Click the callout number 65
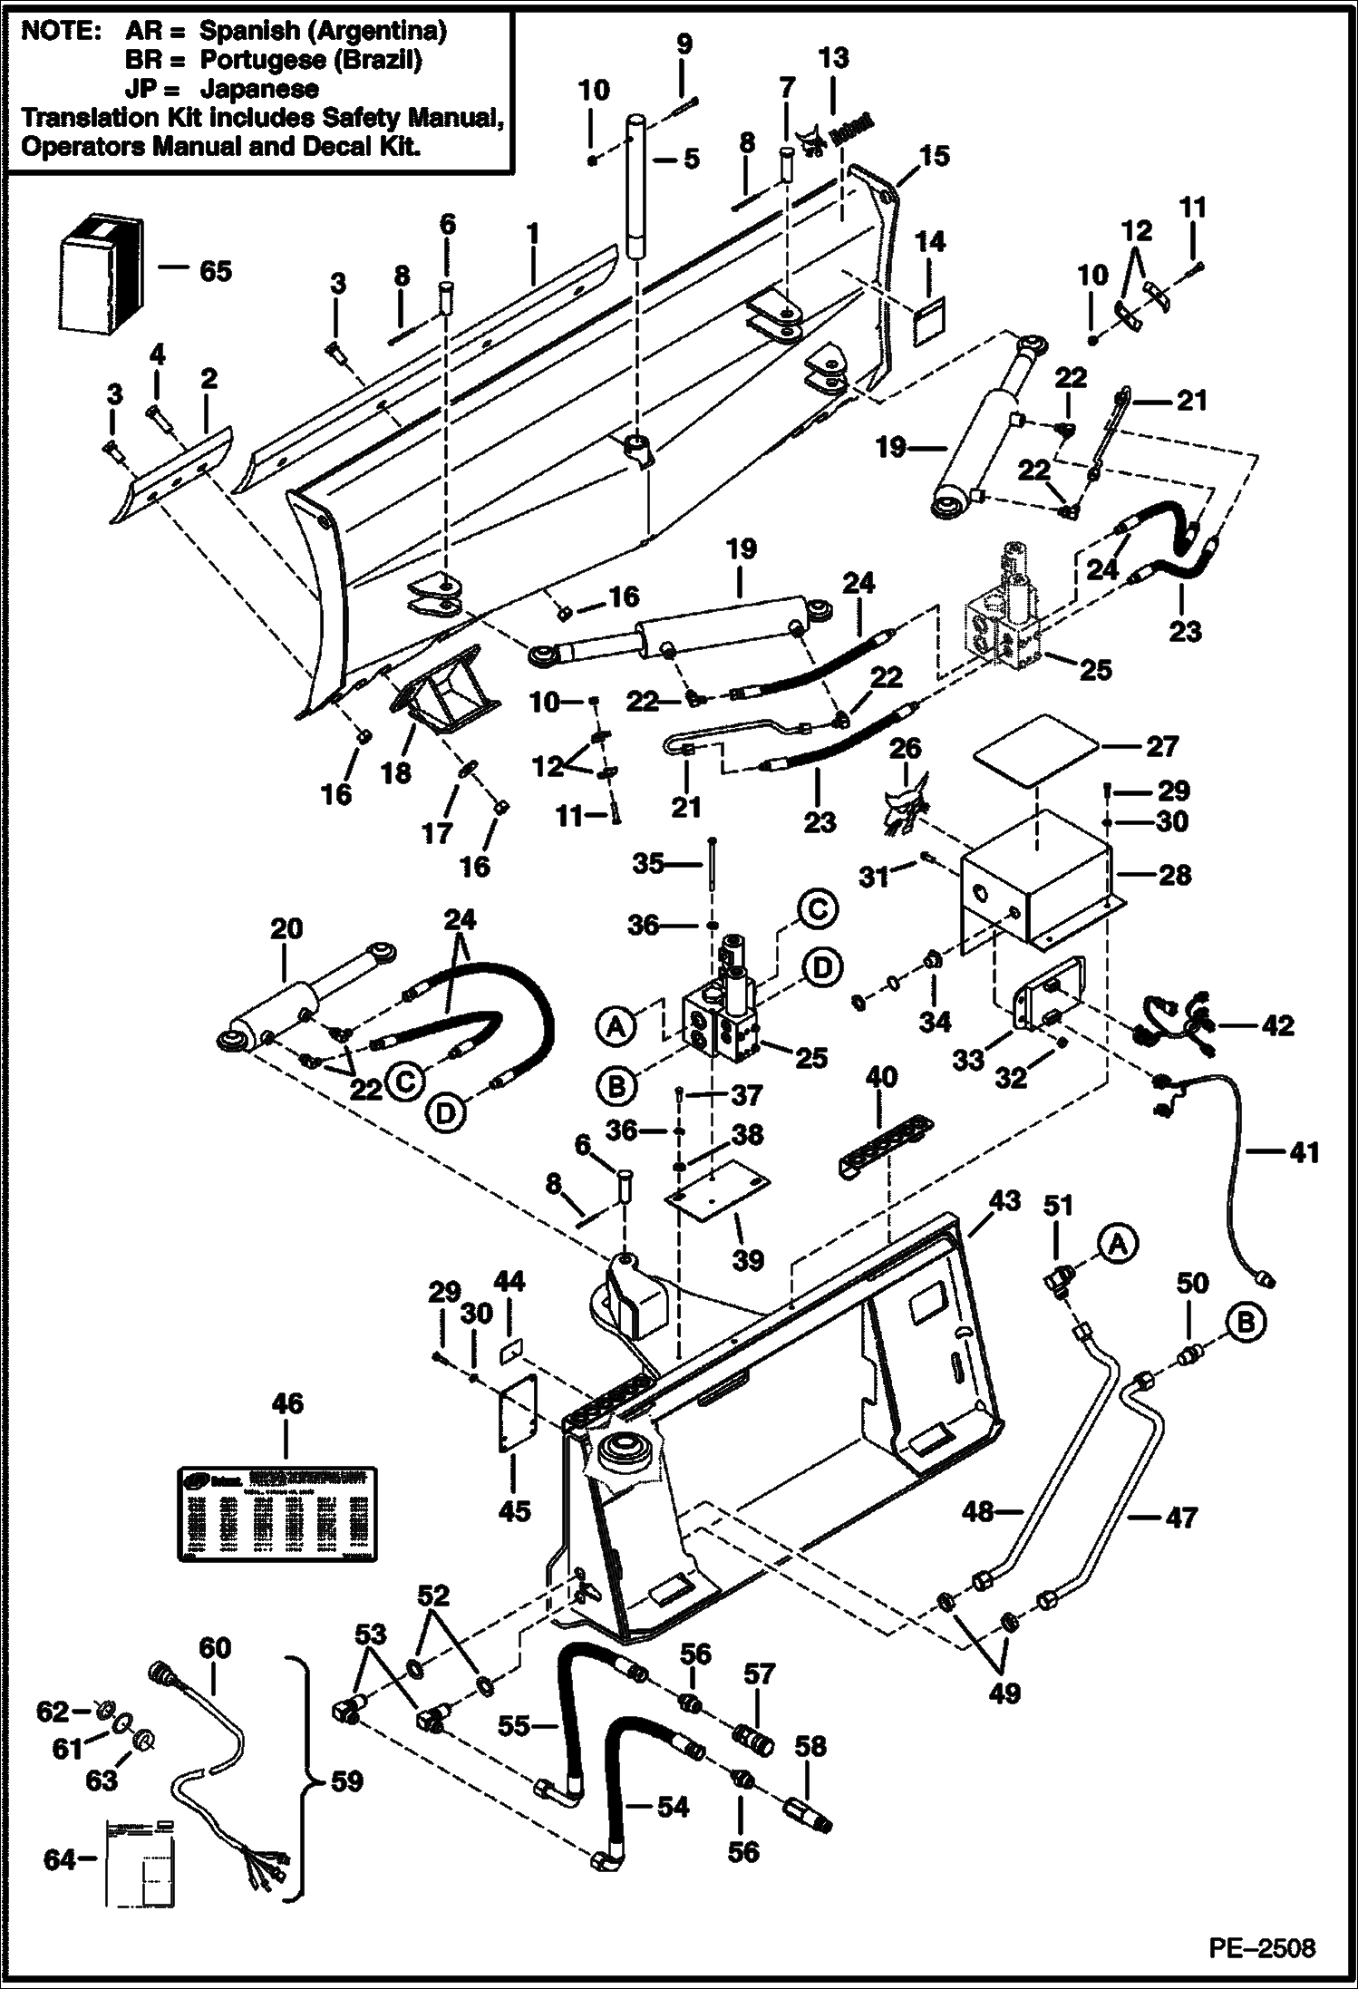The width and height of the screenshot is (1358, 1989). (x=215, y=271)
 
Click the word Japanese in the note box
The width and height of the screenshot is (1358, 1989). (x=259, y=89)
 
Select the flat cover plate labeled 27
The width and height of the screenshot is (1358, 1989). (x=1037, y=749)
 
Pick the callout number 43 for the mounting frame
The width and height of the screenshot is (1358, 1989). (x=1004, y=1203)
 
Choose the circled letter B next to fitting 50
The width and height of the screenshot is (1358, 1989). (x=1246, y=1324)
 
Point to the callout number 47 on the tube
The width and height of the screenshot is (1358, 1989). (x=1180, y=1518)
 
